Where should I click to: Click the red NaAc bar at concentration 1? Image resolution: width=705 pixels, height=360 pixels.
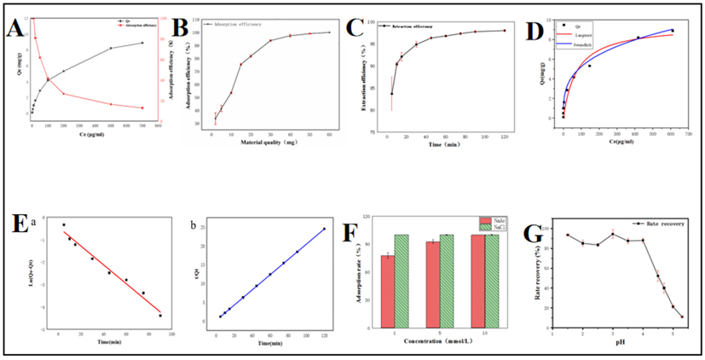tap(388, 290)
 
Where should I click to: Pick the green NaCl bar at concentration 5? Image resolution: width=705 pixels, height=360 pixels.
tap(447, 280)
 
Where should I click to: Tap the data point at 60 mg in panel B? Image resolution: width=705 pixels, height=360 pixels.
tap(329, 32)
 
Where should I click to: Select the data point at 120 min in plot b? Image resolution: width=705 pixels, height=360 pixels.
tap(324, 229)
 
